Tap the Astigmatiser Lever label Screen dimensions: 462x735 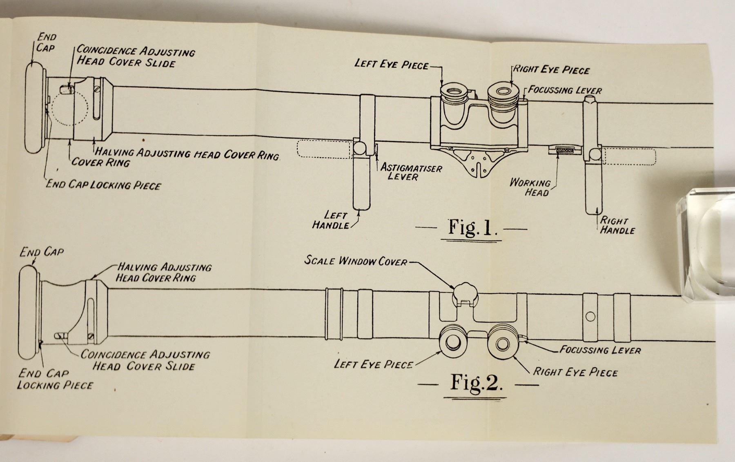(x=411, y=172)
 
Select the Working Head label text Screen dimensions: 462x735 (x=530, y=187)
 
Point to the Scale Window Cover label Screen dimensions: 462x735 (x=356, y=261)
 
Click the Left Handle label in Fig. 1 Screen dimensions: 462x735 (x=331, y=220)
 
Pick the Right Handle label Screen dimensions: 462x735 (x=617, y=225)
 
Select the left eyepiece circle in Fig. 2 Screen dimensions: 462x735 (x=453, y=344)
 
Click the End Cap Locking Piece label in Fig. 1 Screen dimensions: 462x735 (x=103, y=185)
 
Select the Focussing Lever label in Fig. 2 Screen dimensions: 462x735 (x=600, y=350)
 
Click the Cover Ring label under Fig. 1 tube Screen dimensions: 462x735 (x=100, y=163)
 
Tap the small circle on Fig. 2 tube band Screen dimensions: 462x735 (x=590, y=316)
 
